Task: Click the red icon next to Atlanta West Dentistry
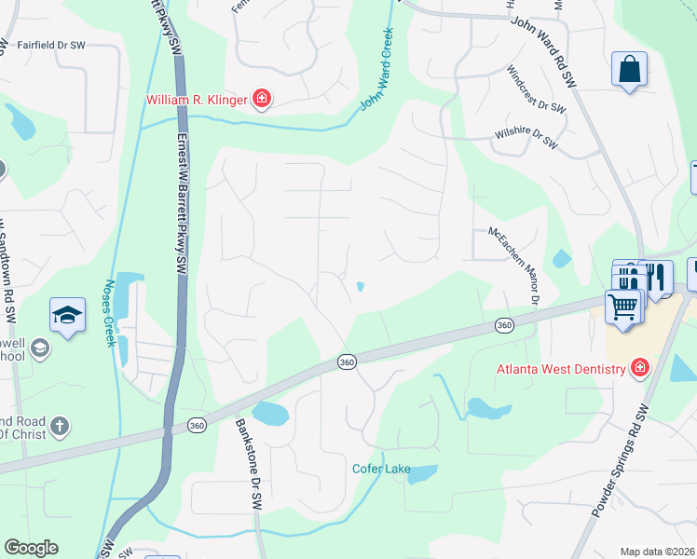[639, 368]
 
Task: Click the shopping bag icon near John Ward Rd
[629, 69]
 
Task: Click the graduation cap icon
[68, 315]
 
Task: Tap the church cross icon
[58, 427]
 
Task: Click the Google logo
[31, 548]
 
